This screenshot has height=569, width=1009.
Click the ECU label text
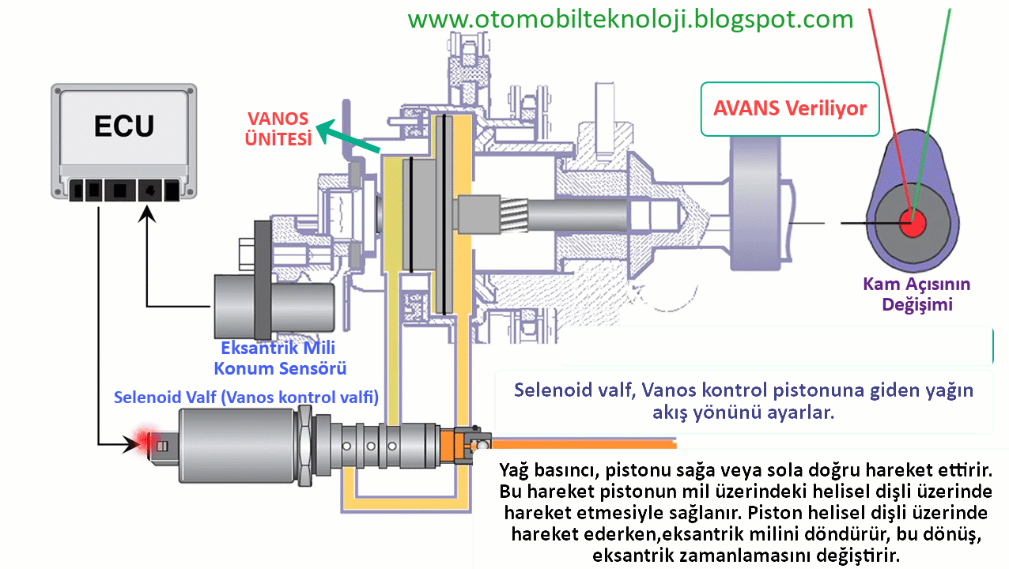tap(124, 126)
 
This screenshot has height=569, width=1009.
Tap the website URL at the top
tap(630, 19)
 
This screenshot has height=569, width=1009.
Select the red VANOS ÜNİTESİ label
tap(278, 128)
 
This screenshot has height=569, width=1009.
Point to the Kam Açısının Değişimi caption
tap(916, 294)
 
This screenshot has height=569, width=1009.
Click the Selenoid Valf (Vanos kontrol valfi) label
tap(246, 398)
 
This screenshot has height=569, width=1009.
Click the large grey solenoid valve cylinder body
tap(237, 447)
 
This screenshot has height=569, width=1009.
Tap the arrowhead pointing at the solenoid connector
tap(127, 444)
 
